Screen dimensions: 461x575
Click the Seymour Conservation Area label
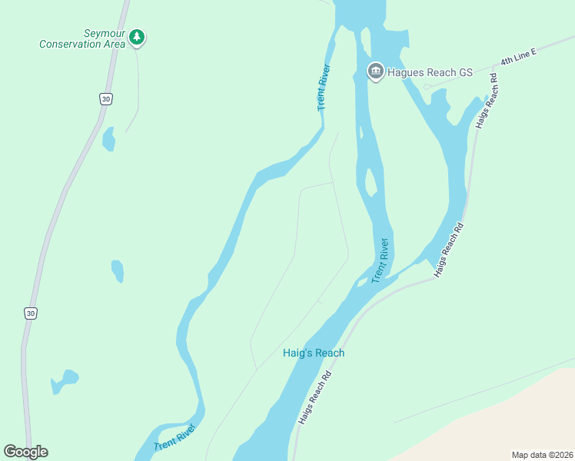(82, 39)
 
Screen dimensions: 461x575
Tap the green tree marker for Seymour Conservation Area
(137, 37)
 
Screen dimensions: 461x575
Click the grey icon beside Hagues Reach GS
(375, 72)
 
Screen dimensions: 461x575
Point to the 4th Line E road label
(518, 55)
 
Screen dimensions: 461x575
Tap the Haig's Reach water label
(312, 353)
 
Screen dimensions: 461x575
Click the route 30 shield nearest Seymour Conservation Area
(106, 98)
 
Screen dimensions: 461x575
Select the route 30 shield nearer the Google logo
(30, 313)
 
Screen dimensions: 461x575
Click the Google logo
(25, 452)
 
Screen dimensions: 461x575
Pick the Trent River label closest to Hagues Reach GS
(324, 87)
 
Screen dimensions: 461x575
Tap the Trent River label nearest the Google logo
(175, 436)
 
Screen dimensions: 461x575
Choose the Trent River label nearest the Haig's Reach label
(381, 260)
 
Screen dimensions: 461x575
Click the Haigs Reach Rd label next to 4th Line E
(487, 100)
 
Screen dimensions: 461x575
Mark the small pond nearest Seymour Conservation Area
(108, 139)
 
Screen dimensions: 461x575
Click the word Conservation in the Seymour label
(71, 44)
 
